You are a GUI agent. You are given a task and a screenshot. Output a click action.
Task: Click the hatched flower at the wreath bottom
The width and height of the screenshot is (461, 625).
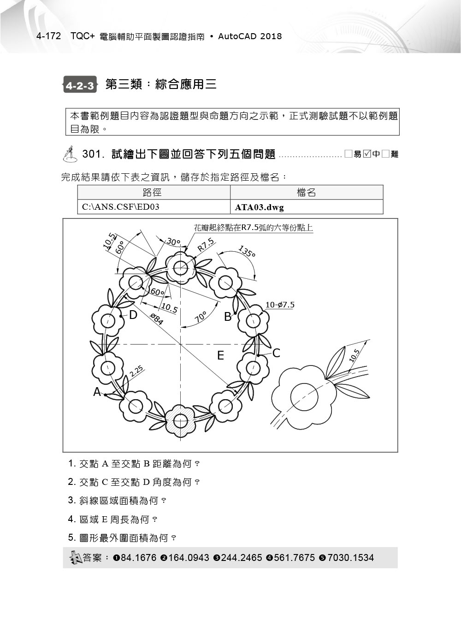(180, 420)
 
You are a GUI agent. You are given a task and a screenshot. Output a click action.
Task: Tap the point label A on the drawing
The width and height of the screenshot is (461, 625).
(97, 392)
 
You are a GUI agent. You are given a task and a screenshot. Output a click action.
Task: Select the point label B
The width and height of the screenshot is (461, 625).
(228, 317)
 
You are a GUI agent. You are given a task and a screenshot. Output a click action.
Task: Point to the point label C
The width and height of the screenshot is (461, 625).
(276, 353)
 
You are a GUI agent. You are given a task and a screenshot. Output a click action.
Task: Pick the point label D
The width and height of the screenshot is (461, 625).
(133, 315)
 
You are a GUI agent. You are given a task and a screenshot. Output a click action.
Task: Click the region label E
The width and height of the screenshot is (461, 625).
(220, 355)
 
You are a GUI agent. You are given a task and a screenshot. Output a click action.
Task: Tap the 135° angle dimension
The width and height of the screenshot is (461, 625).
(247, 252)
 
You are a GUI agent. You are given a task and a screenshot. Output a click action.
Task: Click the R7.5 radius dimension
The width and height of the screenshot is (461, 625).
(206, 244)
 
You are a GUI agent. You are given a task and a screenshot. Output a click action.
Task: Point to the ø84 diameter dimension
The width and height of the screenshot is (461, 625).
(157, 318)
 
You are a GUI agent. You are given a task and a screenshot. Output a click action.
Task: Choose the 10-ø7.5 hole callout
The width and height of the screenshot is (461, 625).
(280, 305)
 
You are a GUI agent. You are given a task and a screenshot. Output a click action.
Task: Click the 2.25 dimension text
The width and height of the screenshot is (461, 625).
(136, 372)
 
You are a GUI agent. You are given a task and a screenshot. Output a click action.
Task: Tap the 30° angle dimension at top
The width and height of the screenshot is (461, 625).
(173, 242)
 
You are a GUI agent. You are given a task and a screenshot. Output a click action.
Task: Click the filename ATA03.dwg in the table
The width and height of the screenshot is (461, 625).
(259, 207)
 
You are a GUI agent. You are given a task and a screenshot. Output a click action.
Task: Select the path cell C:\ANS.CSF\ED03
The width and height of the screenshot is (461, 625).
(121, 207)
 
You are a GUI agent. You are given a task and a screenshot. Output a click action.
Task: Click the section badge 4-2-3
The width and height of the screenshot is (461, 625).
(80, 85)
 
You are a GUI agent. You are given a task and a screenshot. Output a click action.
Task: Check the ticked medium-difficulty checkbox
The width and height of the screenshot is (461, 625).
(367, 154)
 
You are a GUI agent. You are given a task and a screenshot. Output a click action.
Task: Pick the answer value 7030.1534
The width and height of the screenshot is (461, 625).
(350, 558)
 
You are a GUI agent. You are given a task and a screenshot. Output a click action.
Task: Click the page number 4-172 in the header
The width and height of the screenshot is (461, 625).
(48, 36)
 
